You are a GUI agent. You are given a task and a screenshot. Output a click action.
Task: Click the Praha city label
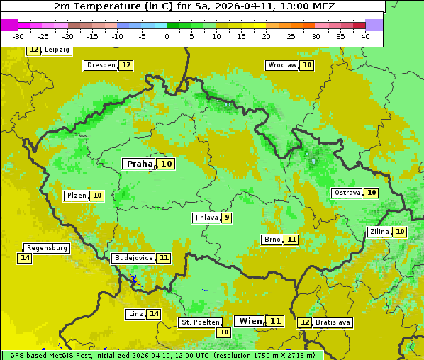(x=139, y=164)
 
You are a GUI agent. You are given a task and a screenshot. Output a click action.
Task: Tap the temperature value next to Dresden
(x=126, y=65)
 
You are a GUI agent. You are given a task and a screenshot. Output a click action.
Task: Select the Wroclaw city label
(x=281, y=65)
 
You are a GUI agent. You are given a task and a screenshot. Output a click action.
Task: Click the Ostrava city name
(x=347, y=193)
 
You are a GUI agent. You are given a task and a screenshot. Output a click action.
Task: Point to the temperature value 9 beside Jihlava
(x=226, y=218)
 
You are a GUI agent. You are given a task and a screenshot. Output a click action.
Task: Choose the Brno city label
(x=272, y=240)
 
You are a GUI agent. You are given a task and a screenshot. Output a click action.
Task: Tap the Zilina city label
(x=379, y=232)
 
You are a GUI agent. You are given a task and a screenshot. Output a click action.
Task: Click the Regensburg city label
(x=48, y=248)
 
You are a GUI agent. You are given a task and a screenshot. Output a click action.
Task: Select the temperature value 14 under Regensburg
(x=25, y=258)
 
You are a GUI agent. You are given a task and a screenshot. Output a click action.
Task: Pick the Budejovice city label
(x=133, y=258)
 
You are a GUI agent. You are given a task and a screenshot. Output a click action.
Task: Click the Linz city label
(x=135, y=314)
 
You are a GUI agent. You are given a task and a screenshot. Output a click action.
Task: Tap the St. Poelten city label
(x=199, y=322)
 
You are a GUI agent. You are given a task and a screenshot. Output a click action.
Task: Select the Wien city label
(x=250, y=321)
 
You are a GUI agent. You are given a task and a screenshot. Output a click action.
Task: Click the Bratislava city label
(x=333, y=322)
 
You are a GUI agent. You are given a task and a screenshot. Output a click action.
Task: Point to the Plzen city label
(x=77, y=196)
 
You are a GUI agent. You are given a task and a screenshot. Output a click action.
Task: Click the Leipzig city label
(x=56, y=50)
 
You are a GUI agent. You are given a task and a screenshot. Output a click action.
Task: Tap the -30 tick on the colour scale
(x=18, y=35)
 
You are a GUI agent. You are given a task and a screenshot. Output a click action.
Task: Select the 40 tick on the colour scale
(x=365, y=35)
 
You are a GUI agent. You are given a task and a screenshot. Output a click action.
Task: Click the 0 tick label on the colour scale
(x=167, y=35)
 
